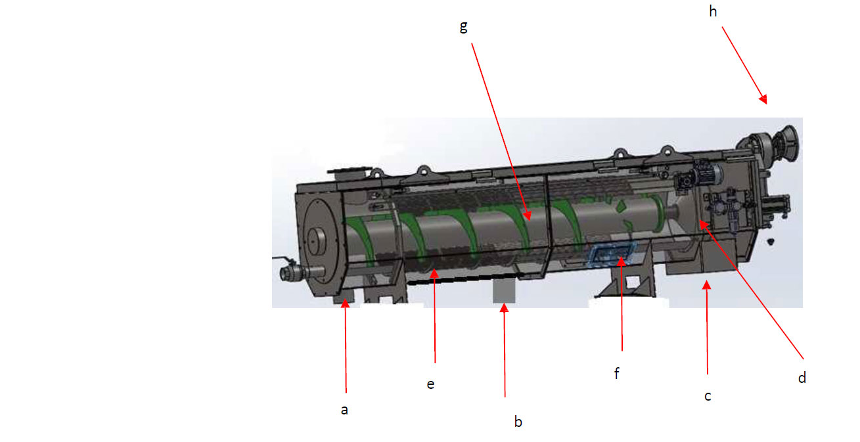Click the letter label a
point(344,410)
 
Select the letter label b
point(518,422)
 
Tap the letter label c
point(708,396)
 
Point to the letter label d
point(802,378)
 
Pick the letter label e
point(430,384)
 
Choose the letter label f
point(617,373)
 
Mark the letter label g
point(463,27)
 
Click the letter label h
point(713,12)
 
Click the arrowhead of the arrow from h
point(763,99)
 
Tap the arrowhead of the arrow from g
point(528,216)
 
